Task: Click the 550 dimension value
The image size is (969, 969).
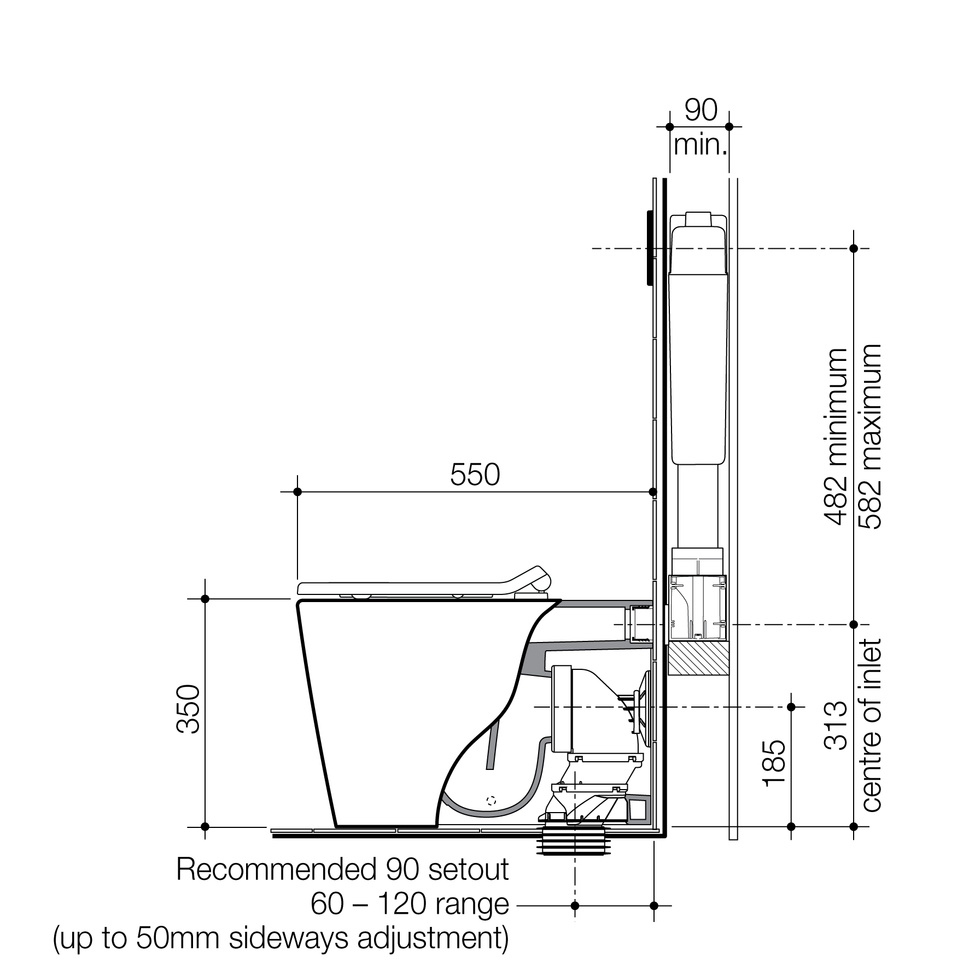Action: [x=475, y=475]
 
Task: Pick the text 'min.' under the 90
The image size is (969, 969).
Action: [x=701, y=145]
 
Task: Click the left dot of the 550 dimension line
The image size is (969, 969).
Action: [x=297, y=492]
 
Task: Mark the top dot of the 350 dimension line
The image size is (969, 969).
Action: [x=205, y=599]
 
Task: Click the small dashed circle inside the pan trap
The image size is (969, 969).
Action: [x=491, y=800]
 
